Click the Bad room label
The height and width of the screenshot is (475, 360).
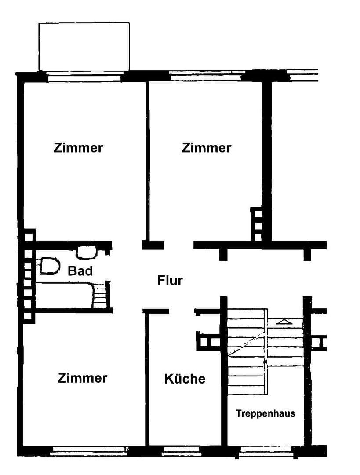tap(80, 271)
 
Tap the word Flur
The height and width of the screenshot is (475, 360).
tap(170, 280)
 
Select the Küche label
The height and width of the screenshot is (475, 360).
tap(185, 379)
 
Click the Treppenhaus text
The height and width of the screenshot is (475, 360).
tap(265, 413)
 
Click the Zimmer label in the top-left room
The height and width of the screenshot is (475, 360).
tap(78, 147)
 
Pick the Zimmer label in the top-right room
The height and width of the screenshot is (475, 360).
tap(206, 147)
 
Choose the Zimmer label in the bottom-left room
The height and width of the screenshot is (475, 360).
tap(82, 378)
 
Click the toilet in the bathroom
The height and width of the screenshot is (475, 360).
tap(49, 267)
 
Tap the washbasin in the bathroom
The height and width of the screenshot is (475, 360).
tap(87, 252)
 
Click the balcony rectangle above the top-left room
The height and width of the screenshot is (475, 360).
tap(84, 46)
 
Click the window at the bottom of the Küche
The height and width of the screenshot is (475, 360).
tap(181, 450)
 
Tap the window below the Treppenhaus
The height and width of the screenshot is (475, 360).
tap(265, 450)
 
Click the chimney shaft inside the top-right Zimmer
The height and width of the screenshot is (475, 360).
tap(258, 225)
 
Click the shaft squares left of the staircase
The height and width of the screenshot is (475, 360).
tap(209, 341)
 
